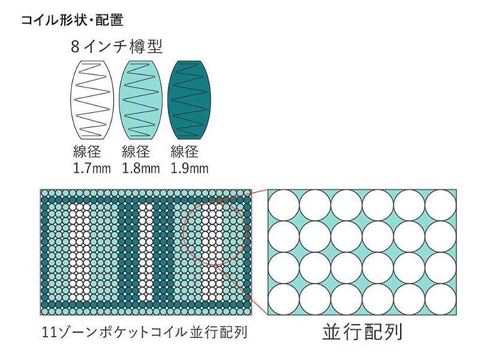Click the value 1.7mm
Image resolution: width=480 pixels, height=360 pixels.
91,169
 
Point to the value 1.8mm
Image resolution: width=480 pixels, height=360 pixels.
140,169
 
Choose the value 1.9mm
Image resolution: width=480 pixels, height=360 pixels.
190,169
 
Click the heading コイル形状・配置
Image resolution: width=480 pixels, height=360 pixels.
72,20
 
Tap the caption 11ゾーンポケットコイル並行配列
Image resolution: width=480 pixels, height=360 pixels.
145,332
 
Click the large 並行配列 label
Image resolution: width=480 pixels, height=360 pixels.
361,332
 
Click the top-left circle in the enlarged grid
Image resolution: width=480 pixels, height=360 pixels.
283,206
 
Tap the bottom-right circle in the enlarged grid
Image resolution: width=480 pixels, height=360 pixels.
440,298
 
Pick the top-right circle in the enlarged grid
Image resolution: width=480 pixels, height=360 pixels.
440,206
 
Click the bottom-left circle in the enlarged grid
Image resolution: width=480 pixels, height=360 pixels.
283,298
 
